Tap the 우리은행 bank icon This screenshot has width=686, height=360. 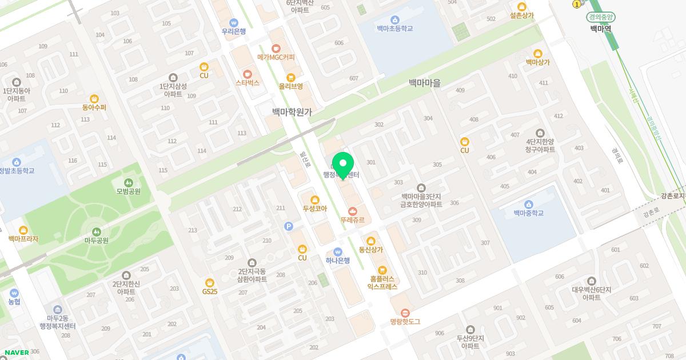click(233, 22)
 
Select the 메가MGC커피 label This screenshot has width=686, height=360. click(276, 57)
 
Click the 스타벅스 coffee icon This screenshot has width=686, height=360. click(248, 74)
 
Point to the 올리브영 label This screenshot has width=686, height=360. click(290, 86)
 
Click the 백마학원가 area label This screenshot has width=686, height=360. click(292, 113)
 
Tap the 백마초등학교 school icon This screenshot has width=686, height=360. click(395, 19)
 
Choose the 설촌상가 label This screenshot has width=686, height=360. click(521, 15)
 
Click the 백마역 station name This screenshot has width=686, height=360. click(600, 29)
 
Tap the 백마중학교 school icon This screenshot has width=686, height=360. click(528, 204)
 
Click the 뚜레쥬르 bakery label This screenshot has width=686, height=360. click(352, 220)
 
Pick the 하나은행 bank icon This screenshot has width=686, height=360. click(338, 251)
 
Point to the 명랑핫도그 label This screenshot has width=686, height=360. click(405, 322)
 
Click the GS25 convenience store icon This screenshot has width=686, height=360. click(210, 282)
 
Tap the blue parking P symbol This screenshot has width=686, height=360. click(289, 227)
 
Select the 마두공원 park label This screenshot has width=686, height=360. click(96, 241)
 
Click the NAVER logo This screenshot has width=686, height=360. click(16, 353)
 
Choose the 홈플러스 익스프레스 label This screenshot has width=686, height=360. click(382, 283)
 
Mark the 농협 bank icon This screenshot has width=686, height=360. click(14, 291)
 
